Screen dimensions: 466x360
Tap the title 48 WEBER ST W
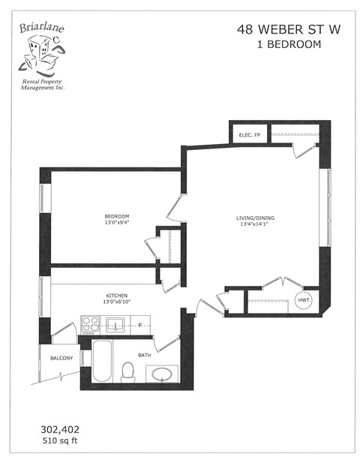[278, 30]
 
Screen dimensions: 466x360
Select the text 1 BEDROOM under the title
[278, 44]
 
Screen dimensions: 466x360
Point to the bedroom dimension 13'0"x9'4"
[116, 223]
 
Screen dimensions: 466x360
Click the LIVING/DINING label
[253, 218]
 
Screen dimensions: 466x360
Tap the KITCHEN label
[117, 294]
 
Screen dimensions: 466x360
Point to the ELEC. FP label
[249, 135]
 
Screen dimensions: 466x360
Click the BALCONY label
[61, 358]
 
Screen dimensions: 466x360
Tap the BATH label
[145, 353]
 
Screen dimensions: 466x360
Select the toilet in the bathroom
[127, 371]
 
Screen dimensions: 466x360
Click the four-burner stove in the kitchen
[91, 324]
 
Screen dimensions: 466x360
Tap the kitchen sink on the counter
[116, 323]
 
